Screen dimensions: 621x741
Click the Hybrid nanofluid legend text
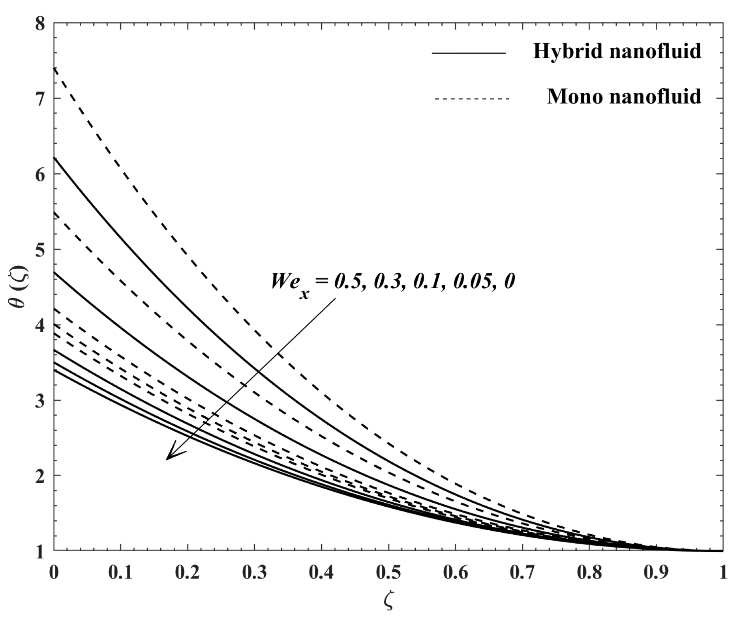pyautogui.click(x=617, y=51)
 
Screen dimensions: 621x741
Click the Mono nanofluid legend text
pyautogui.click(x=624, y=96)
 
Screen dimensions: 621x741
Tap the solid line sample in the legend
pyautogui.click(x=469, y=53)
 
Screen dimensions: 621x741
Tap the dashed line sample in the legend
pyautogui.click(x=472, y=98)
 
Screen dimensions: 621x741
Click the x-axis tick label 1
pyautogui.click(x=722, y=572)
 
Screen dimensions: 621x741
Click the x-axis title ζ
pyautogui.click(x=388, y=601)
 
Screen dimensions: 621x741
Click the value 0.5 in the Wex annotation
pyautogui.click(x=348, y=282)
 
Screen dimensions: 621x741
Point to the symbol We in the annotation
pyautogui.click(x=283, y=282)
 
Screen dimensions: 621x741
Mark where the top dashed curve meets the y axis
pyautogui.click(x=54, y=68)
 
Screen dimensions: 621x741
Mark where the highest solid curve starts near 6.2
pyautogui.click(x=54, y=157)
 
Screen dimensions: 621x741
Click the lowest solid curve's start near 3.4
pyautogui.click(x=54, y=370)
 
